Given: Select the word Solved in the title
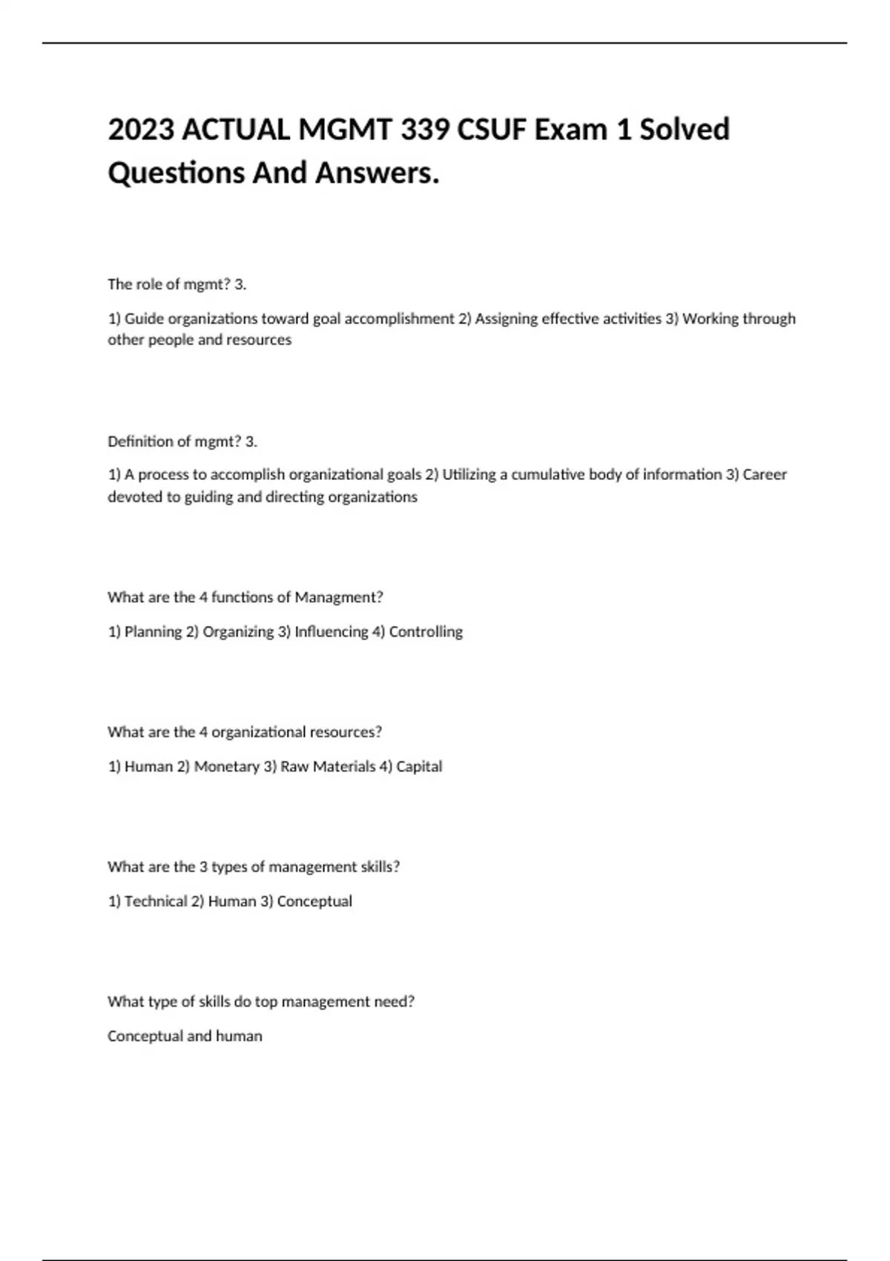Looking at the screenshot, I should point(685,130).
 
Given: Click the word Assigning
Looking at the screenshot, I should point(507,319).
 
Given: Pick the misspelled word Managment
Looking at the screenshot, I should point(339,597).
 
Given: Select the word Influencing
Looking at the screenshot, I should point(331,632).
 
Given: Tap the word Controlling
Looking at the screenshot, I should point(426,632).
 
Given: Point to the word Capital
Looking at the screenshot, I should point(419,767).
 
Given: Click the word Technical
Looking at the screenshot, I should point(156,901).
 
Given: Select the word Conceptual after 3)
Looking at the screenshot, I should point(314,901).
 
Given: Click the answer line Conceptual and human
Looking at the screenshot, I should point(185,1036).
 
